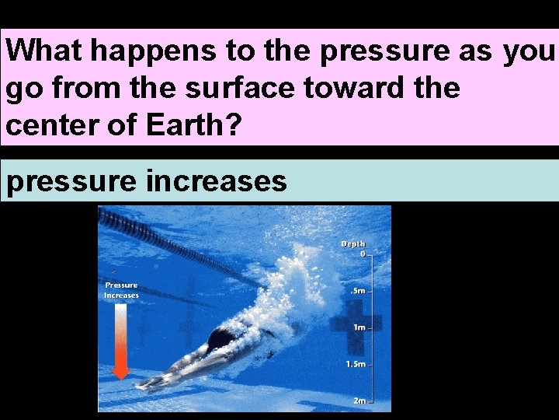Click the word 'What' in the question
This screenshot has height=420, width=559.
coord(47,51)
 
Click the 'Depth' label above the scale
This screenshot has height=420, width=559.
coord(353,244)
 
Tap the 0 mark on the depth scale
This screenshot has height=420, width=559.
coord(362,254)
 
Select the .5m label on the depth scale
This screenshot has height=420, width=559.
coord(359,290)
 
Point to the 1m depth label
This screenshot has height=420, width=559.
coord(359,327)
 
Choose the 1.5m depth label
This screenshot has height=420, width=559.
coord(356,364)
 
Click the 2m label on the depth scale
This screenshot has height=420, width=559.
coord(359,400)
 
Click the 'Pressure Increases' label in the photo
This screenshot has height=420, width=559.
coord(121,290)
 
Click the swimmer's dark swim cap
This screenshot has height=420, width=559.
coord(221,338)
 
